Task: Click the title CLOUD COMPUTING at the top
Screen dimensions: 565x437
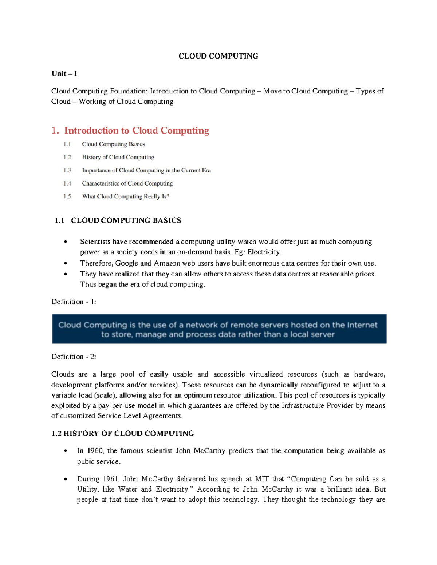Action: [x=218, y=56]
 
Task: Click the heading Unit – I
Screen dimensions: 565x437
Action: [x=64, y=73]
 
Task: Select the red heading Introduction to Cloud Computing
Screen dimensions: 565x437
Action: [x=137, y=130]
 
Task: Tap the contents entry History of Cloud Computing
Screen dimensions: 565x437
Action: [x=118, y=157]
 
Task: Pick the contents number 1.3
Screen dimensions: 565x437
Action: [x=67, y=170]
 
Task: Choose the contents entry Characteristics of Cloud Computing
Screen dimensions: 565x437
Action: [x=127, y=183]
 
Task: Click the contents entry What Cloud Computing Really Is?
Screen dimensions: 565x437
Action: [x=126, y=196]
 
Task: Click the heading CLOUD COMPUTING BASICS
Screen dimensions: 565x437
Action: [x=126, y=220]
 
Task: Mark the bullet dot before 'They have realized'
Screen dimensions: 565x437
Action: [x=66, y=274]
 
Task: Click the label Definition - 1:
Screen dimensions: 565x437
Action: [x=74, y=302]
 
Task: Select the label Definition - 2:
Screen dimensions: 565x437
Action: [x=74, y=357]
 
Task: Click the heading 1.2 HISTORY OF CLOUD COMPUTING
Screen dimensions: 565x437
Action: [x=123, y=434]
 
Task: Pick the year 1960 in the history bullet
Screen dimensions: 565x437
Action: [x=96, y=451]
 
